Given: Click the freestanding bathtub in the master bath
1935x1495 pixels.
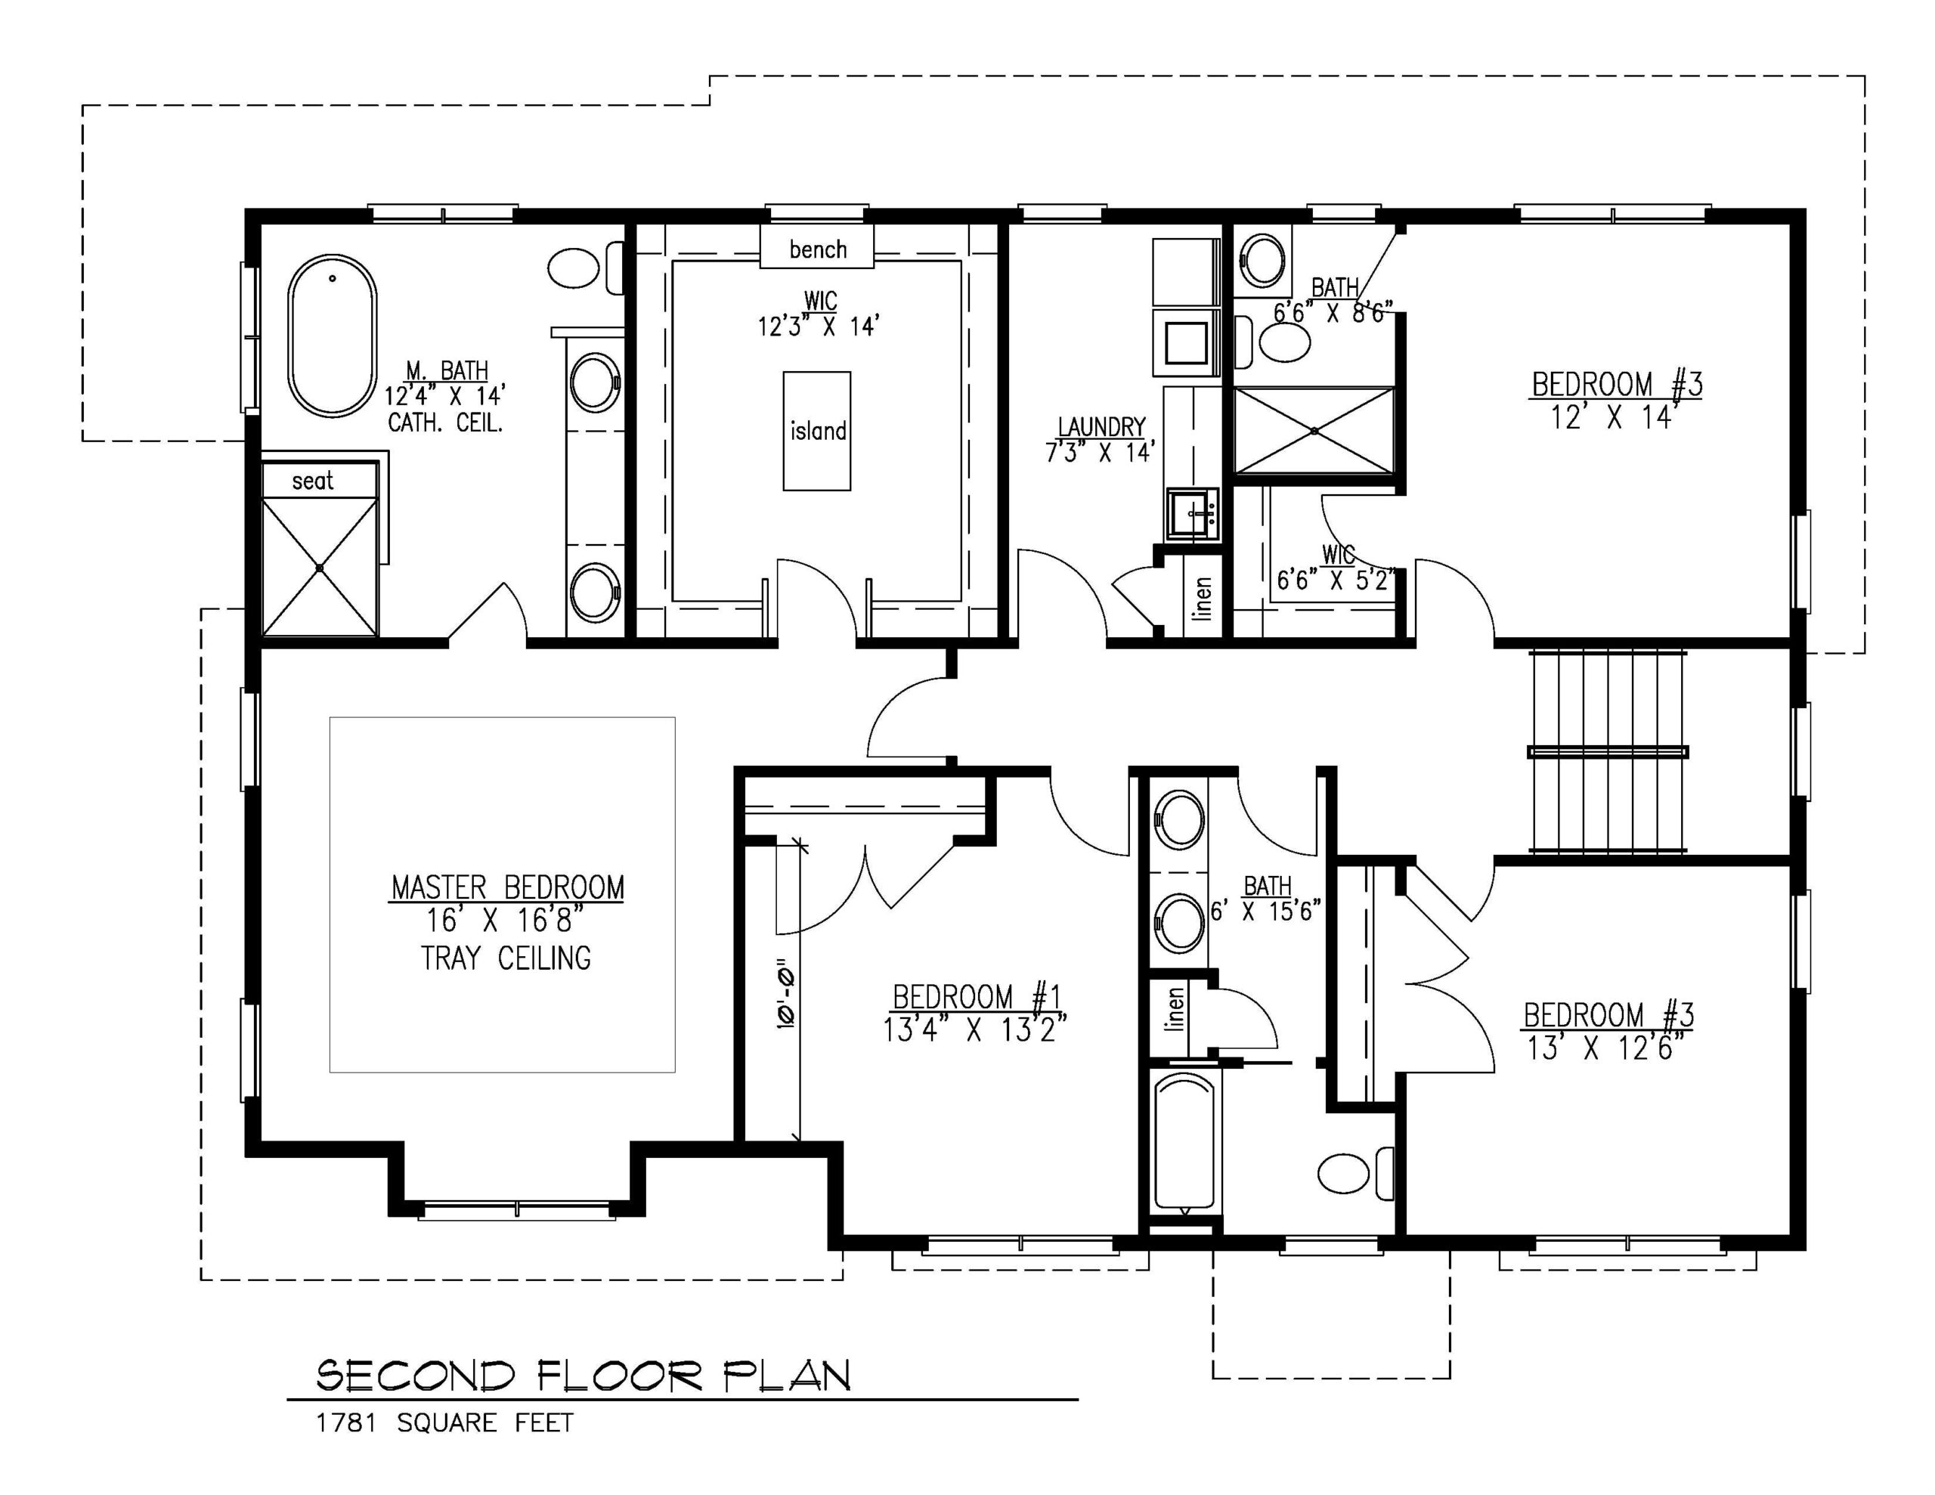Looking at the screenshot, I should (x=333, y=337).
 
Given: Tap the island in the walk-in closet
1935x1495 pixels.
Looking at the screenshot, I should (x=817, y=431).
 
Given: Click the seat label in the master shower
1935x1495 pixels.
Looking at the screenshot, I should (x=312, y=481).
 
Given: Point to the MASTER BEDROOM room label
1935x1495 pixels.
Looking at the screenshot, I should (x=506, y=887).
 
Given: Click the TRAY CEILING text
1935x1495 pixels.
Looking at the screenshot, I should (x=506, y=958).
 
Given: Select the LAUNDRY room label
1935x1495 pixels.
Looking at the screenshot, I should (x=1101, y=427).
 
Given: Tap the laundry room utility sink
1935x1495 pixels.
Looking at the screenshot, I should (x=1193, y=514).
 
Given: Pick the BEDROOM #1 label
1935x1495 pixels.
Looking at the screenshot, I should (x=977, y=997).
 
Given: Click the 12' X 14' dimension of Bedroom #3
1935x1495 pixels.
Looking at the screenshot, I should (x=1615, y=416).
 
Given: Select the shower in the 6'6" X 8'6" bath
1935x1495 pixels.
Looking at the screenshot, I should (x=1314, y=431).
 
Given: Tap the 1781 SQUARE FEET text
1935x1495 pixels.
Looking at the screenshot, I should (x=444, y=1423).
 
